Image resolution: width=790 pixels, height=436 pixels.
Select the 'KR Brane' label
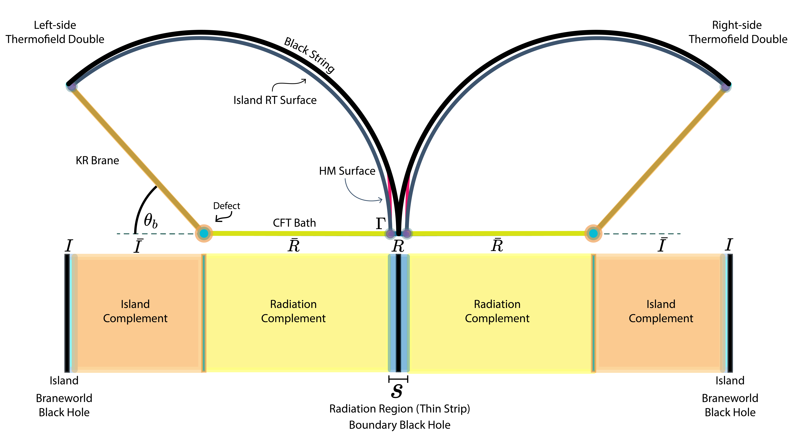97,160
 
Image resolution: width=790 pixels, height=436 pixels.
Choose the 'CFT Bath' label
294,223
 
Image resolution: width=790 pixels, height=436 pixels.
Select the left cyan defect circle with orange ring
204,234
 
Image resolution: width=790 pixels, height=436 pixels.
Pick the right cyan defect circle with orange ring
593,234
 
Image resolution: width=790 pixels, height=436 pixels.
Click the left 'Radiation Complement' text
293,311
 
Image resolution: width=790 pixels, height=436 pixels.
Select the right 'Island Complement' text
661,311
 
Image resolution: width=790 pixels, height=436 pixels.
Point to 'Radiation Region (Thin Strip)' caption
399,409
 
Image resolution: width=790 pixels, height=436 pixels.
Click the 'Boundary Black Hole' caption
399,425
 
